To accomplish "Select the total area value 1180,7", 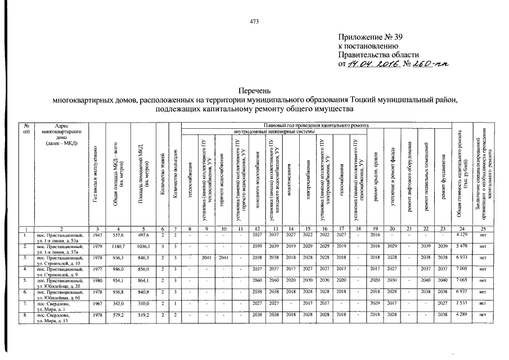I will pos(115,246).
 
